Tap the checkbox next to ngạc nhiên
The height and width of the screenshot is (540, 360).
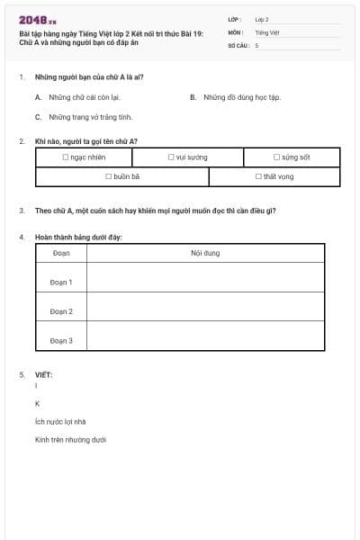[x=66, y=157]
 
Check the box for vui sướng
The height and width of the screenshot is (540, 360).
[x=171, y=157]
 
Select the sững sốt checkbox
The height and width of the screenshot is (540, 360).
[x=277, y=157]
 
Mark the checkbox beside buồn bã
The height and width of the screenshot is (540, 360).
[x=109, y=177]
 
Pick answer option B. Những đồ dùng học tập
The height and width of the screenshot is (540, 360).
[x=240, y=96]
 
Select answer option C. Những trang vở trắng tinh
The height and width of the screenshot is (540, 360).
[x=90, y=117]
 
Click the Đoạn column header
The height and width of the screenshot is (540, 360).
[x=61, y=254]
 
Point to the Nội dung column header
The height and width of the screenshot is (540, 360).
[x=205, y=254]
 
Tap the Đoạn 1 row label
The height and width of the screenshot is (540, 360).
[x=61, y=283]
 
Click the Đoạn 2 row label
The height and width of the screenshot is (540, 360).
[x=61, y=311]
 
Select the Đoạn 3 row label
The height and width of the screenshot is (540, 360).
[x=61, y=341]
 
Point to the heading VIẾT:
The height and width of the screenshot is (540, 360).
[x=43, y=374]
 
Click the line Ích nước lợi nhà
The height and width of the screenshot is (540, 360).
[x=60, y=421]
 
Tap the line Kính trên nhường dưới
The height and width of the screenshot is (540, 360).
[x=71, y=440]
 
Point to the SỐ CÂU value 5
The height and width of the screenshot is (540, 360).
[x=256, y=44]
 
